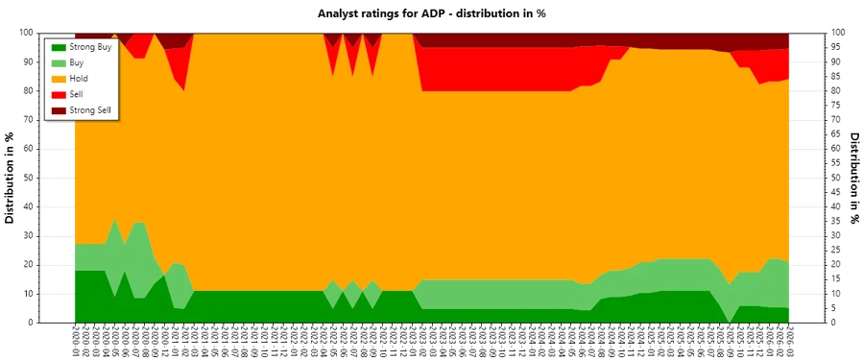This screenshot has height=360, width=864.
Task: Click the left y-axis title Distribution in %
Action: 11,178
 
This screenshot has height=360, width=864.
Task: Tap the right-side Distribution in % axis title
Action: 853,178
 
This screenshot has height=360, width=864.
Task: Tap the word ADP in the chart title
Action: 455,13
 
